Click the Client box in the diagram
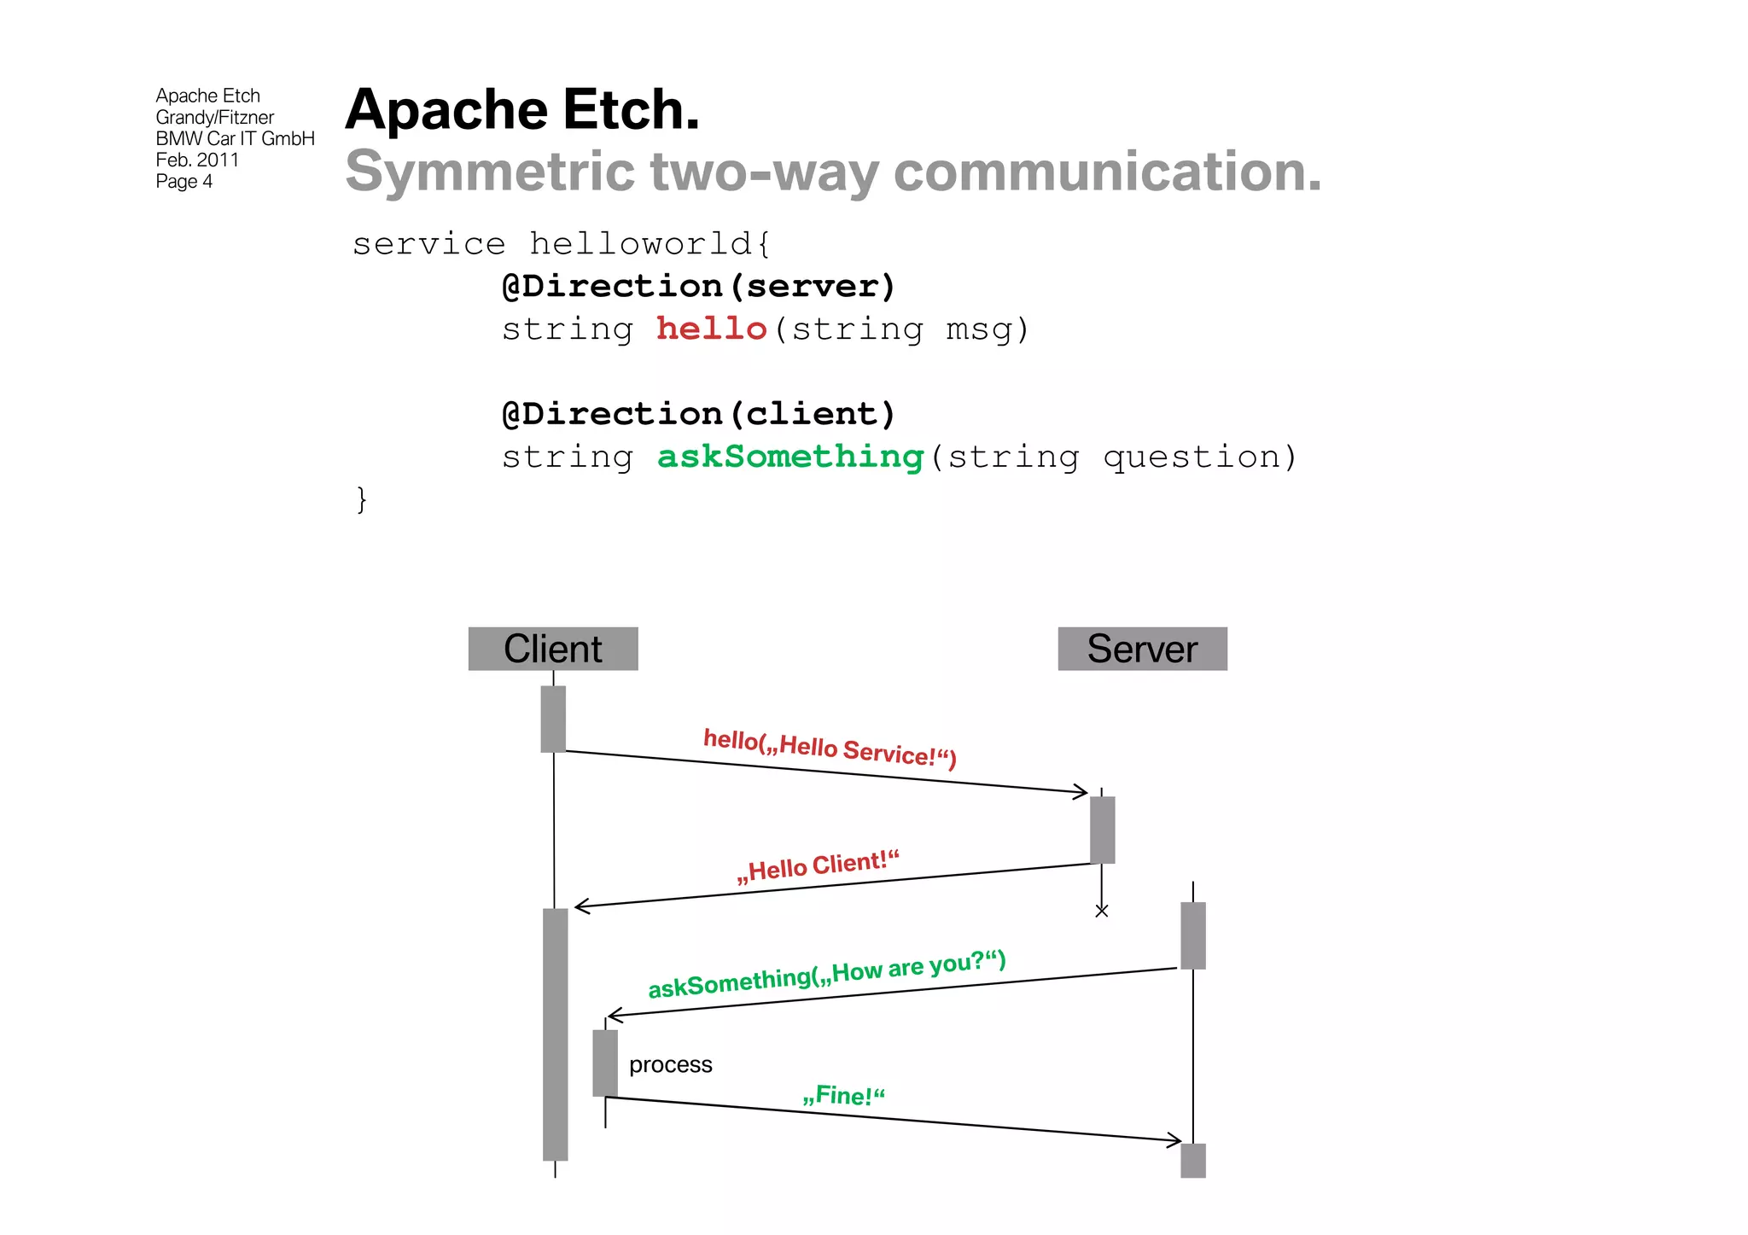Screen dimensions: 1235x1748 (552, 649)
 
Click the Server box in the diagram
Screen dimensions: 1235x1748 (1142, 649)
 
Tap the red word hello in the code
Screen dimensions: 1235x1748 (711, 329)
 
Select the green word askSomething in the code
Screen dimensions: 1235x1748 (790, 457)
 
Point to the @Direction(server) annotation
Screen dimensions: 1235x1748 (698, 286)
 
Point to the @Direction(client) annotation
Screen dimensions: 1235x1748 (698, 414)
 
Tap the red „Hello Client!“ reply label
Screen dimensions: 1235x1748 (819, 866)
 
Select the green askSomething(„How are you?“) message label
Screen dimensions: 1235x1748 (827, 974)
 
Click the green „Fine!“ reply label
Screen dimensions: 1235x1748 (844, 1095)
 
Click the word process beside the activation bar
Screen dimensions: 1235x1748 (670, 1064)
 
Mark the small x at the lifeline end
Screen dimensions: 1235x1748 (1102, 912)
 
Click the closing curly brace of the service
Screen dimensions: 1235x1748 (362, 498)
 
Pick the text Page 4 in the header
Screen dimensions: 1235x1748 (184, 181)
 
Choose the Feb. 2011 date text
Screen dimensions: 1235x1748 (197, 160)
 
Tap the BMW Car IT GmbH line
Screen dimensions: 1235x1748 (235, 138)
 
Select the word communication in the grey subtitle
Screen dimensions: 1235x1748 (1107, 172)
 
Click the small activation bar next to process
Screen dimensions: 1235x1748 (605, 1063)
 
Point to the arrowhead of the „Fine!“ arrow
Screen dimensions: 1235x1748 (1177, 1139)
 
